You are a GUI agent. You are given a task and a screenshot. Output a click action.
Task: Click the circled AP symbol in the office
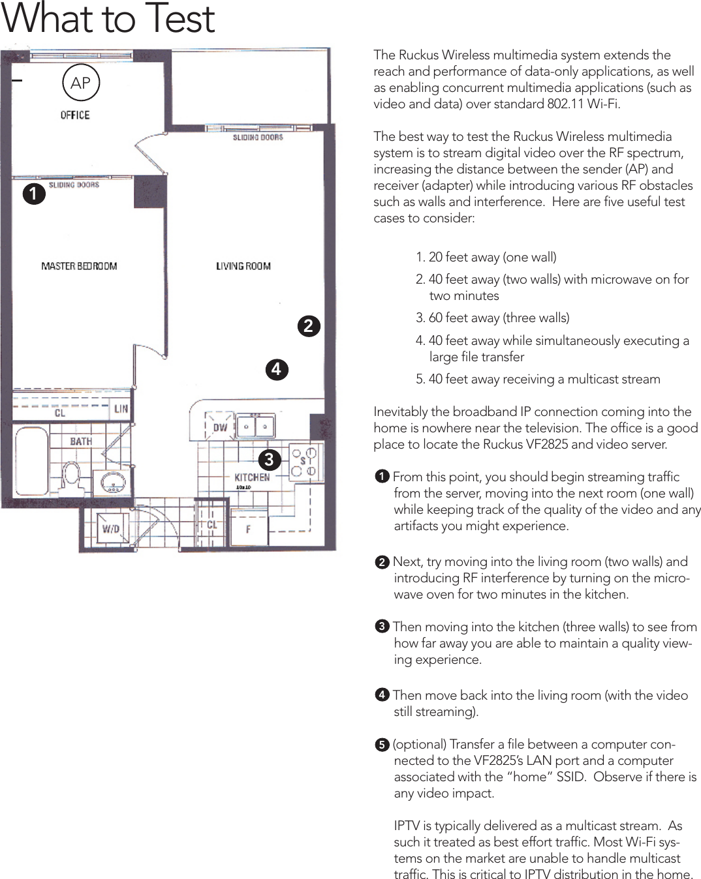click(x=81, y=83)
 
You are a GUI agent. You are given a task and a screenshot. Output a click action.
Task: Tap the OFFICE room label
click(x=75, y=115)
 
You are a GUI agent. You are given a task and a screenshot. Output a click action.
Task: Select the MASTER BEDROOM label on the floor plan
click(x=79, y=266)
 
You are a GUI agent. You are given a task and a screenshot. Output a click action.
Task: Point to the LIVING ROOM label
click(x=243, y=266)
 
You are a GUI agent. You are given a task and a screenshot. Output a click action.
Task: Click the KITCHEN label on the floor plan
click(x=252, y=477)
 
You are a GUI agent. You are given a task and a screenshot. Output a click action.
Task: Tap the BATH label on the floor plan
click(x=81, y=441)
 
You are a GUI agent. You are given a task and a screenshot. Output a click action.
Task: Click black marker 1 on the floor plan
click(x=34, y=194)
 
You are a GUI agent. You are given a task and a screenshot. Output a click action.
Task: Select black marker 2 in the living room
click(x=309, y=325)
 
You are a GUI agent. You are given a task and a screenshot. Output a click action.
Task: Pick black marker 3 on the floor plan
click(x=269, y=459)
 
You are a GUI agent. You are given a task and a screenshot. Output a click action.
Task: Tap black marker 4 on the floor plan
click(x=277, y=369)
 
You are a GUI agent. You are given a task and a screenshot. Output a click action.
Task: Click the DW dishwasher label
click(x=220, y=428)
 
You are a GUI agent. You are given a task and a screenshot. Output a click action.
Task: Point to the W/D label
click(x=111, y=528)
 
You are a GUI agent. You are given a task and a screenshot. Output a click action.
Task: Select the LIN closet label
click(x=121, y=409)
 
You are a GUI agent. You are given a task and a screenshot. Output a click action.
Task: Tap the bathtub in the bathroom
click(x=31, y=460)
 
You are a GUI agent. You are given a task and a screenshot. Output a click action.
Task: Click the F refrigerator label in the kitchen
click(x=248, y=529)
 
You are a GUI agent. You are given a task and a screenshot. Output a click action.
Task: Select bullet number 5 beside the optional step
click(x=382, y=745)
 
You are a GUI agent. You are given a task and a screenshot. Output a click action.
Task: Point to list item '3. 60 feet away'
click(x=493, y=318)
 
